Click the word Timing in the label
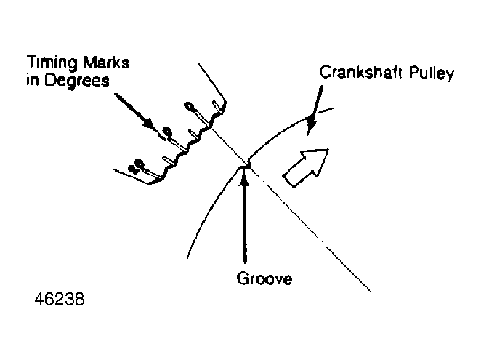(52, 63)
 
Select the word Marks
(106, 63)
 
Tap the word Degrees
(77, 81)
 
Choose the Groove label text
(264, 279)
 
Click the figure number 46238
(60, 299)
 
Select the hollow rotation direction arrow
(306, 168)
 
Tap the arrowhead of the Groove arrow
(244, 176)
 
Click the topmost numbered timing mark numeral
(189, 107)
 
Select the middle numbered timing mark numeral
(167, 132)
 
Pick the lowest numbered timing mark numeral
(136, 166)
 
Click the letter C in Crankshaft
(325, 73)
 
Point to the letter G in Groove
(243, 279)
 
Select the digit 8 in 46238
(79, 299)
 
